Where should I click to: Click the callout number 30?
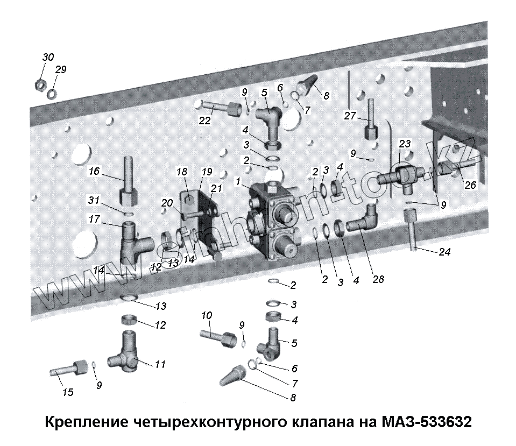[48, 58]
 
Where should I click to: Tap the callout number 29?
[61, 70]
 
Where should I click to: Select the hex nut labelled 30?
[39, 84]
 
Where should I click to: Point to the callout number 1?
[237, 181]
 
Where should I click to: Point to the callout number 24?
[444, 251]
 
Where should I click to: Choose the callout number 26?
[470, 186]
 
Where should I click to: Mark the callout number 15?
[67, 392]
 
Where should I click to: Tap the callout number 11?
[160, 364]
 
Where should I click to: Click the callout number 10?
[207, 315]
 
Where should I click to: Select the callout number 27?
[350, 115]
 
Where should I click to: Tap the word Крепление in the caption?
[86, 420]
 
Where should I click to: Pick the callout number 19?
[207, 173]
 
